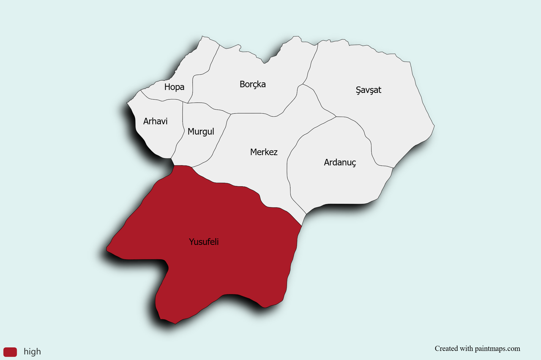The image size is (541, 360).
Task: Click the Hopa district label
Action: pos(174,87)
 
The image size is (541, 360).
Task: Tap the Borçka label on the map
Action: pos(252,84)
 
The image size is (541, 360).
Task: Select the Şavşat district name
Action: pos(368,90)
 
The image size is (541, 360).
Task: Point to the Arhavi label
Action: pos(155,121)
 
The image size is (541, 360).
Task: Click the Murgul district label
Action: pos(201,131)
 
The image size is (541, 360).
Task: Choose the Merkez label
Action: pos(264,152)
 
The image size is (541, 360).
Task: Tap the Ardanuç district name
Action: pos(340,162)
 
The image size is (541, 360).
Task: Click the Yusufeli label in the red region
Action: pos(204,242)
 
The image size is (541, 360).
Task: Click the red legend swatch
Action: pos(10,352)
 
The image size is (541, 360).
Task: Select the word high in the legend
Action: pos(32,352)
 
